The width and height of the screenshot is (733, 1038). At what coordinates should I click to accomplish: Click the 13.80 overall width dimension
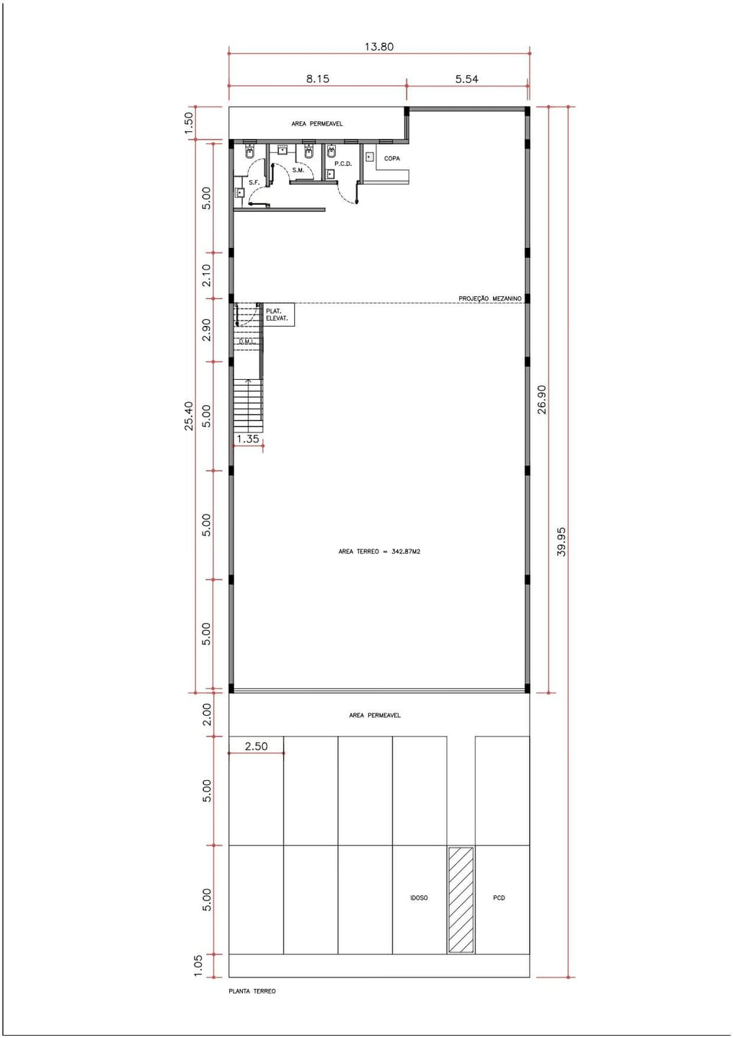pyautogui.click(x=379, y=47)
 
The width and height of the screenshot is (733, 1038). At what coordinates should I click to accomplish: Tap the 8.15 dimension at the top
pyautogui.click(x=318, y=79)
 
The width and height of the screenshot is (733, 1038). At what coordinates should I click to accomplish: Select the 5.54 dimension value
pyautogui.click(x=466, y=79)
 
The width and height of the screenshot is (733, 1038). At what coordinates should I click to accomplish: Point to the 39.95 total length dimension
pyautogui.click(x=561, y=542)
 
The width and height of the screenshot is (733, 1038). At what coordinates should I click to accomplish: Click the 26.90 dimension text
pyautogui.click(x=542, y=399)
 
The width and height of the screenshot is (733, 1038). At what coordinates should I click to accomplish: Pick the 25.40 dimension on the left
pyautogui.click(x=189, y=416)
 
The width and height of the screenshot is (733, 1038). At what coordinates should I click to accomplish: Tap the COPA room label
pyautogui.click(x=392, y=159)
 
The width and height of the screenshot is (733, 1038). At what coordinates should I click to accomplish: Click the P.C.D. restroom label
pyautogui.click(x=343, y=164)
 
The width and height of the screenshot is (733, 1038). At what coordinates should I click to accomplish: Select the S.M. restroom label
pyautogui.click(x=298, y=170)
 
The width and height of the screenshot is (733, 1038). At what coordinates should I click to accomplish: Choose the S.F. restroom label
pyautogui.click(x=254, y=182)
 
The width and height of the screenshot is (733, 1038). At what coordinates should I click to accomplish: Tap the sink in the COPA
pyautogui.click(x=369, y=157)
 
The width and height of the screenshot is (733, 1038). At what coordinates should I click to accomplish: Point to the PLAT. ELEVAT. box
pyautogui.click(x=278, y=314)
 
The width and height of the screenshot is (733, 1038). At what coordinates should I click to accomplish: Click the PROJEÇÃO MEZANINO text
pyautogui.click(x=490, y=299)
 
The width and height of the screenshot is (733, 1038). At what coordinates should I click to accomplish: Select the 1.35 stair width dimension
pyautogui.click(x=248, y=439)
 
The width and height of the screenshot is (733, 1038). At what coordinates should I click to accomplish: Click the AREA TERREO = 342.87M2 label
pyautogui.click(x=379, y=552)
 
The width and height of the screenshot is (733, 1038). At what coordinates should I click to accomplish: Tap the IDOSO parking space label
pyautogui.click(x=419, y=898)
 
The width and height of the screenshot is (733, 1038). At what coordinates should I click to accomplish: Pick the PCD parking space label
pyautogui.click(x=499, y=898)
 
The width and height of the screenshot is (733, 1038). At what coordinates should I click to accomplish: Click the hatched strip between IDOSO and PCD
pyautogui.click(x=461, y=900)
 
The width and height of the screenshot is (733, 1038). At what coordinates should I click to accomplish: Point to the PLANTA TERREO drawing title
pyautogui.click(x=252, y=991)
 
